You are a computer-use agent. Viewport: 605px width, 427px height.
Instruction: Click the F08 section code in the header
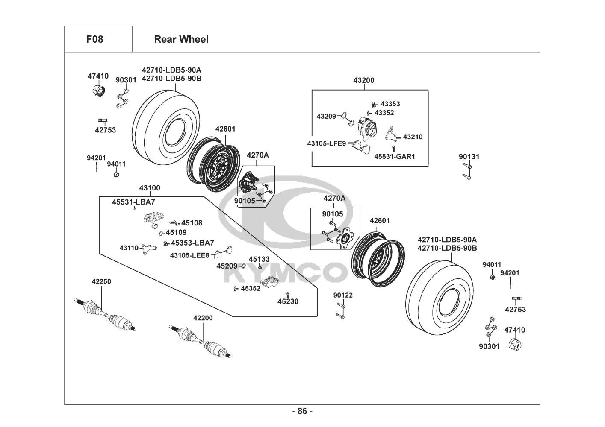click(x=94, y=39)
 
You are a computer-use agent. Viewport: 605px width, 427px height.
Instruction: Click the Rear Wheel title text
click(x=181, y=39)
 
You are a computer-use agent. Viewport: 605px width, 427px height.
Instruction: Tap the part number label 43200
click(x=364, y=80)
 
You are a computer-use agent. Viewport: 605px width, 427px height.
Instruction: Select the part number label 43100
click(x=150, y=188)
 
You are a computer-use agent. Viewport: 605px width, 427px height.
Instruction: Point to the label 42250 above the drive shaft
click(x=101, y=281)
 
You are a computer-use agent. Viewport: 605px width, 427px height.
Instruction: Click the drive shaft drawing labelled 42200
click(x=201, y=341)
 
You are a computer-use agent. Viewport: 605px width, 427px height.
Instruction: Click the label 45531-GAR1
click(x=395, y=157)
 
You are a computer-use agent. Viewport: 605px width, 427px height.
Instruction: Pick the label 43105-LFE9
click(x=326, y=143)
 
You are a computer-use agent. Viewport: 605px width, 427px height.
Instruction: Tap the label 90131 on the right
click(x=469, y=157)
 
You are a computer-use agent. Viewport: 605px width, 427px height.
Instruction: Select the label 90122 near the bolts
click(x=343, y=295)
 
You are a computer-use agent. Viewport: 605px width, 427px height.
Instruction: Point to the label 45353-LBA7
click(x=192, y=243)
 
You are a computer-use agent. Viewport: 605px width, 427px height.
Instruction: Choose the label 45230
click(x=288, y=301)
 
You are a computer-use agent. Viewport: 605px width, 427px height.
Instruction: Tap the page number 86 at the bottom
click(x=302, y=411)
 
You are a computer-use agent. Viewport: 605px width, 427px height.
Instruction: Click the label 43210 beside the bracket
click(x=413, y=137)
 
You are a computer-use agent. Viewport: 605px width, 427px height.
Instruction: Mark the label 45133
click(x=259, y=259)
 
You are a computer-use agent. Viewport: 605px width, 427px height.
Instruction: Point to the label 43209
click(x=327, y=116)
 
